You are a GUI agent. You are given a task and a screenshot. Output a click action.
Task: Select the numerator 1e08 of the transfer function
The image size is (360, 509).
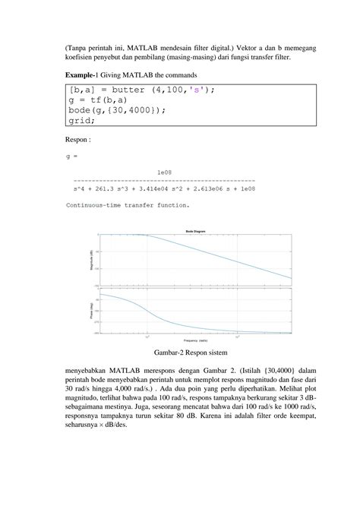pyautogui.click(x=164, y=172)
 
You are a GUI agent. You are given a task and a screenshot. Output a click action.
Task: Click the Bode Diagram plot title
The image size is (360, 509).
pyautogui.click(x=194, y=230)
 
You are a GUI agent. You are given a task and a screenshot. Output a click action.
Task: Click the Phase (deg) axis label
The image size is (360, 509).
pyautogui.click(x=92, y=311)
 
